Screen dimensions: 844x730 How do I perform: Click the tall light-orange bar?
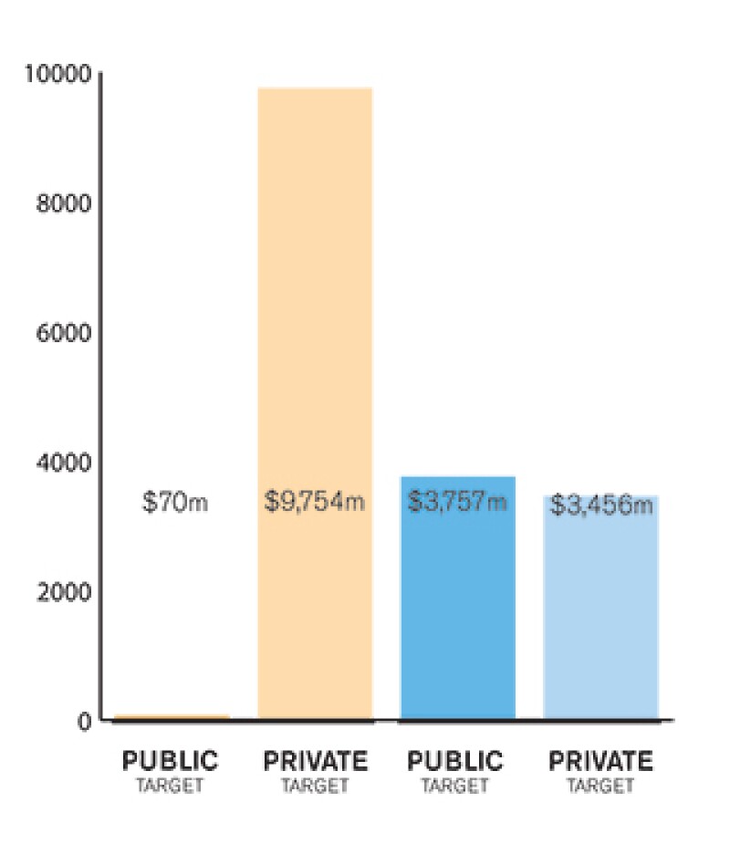point(315,274)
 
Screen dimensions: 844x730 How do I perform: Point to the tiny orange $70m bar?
point(172,717)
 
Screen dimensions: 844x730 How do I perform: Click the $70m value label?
point(175,502)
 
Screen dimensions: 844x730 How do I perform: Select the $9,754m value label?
point(315,502)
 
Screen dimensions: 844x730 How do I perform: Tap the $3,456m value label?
point(602,505)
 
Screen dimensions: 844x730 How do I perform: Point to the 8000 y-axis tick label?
point(64,203)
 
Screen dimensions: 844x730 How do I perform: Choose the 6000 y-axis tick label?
point(64,333)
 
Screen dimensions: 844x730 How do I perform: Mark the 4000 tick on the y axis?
point(64,463)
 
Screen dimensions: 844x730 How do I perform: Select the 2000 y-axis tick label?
point(64,592)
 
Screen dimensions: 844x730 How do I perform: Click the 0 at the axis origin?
point(84,722)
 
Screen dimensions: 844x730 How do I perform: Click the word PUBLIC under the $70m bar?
point(171,761)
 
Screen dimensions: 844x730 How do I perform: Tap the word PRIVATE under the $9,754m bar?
point(315,761)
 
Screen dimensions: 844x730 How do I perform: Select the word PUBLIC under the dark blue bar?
point(455,761)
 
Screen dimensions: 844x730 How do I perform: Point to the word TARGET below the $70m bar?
point(171,785)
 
